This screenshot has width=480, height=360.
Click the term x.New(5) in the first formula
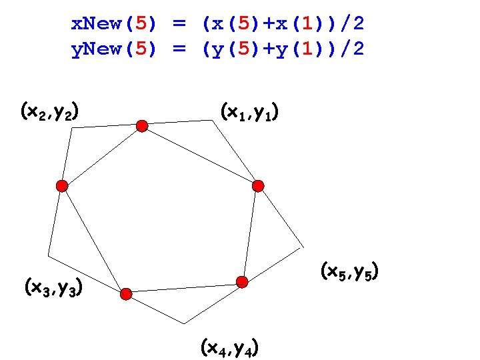pyautogui.click(x=114, y=25)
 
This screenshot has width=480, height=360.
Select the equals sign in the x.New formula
pyautogui.click(x=179, y=25)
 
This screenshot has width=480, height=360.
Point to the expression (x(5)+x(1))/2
pyautogui.click(x=283, y=25)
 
